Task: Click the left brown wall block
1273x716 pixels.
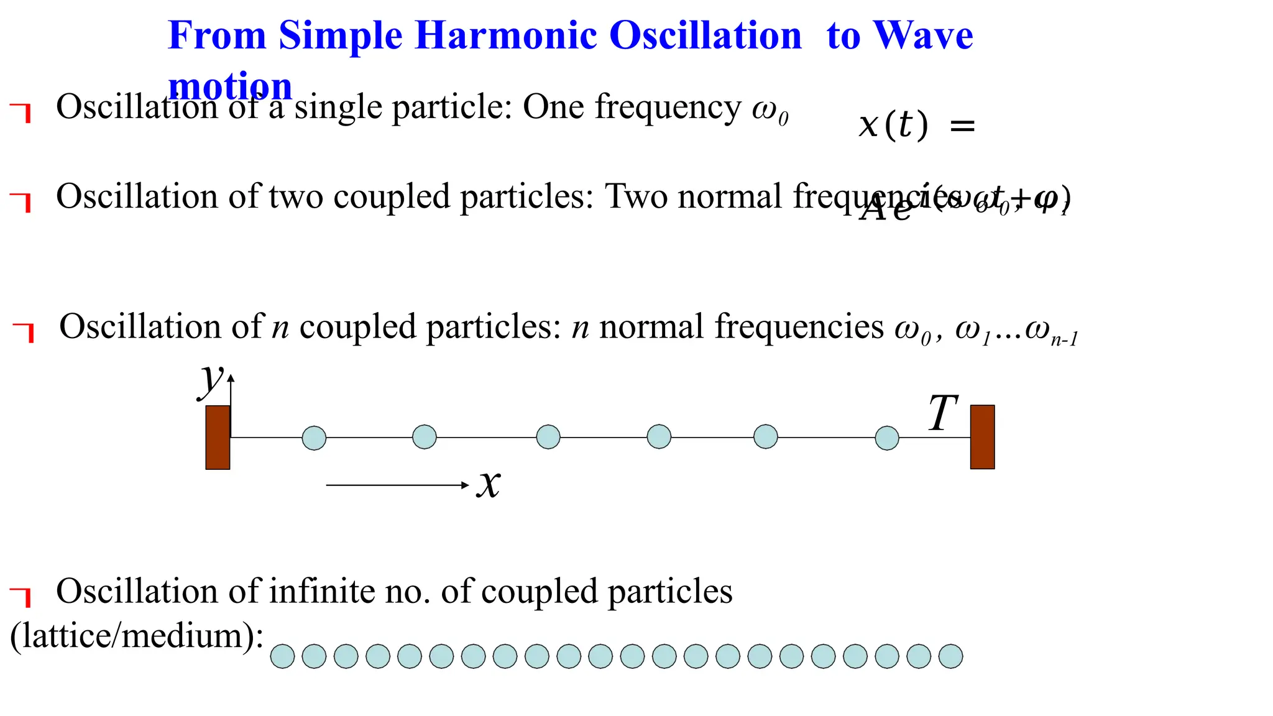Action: [x=218, y=437]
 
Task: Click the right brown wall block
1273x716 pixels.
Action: [x=982, y=437]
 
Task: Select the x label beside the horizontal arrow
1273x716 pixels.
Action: [x=489, y=484]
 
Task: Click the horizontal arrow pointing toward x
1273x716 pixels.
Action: [x=397, y=485]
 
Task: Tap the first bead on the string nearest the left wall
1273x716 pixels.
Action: [x=314, y=438]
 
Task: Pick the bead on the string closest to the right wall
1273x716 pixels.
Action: [x=886, y=438]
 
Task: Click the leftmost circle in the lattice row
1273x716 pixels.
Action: [x=282, y=656]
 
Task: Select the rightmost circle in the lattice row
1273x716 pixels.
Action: [x=950, y=656]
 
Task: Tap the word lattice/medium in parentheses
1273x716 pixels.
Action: [x=137, y=636]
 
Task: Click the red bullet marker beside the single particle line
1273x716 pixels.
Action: [x=21, y=112]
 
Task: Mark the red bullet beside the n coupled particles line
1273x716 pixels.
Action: [x=24, y=332]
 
